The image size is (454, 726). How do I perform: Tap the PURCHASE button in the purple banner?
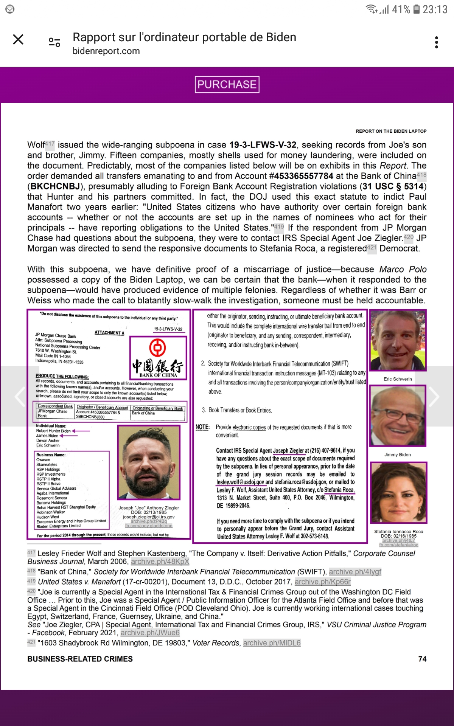[227, 84]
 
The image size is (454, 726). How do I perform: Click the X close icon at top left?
[18, 39]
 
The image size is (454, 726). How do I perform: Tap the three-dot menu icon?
[437, 42]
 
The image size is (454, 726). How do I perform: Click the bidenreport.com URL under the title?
[106, 51]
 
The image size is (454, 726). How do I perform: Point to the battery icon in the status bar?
[416, 9]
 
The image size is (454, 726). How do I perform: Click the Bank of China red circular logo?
[157, 347]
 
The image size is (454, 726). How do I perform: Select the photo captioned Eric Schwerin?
[398, 340]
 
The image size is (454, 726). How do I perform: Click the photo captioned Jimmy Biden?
[398, 416]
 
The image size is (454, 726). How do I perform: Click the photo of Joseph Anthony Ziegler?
[149, 462]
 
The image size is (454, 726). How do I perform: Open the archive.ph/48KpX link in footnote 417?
[160, 562]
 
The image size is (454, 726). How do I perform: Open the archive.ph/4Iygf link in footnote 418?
[355, 572]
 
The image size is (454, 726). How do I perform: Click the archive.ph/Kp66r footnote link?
[323, 582]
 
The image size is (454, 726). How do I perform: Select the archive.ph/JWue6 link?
[150, 633]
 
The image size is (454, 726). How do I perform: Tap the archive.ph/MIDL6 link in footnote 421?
[272, 643]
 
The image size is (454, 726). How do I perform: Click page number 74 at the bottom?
[422, 659]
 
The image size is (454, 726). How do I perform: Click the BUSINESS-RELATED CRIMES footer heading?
[80, 659]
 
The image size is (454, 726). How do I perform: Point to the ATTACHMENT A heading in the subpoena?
[109, 333]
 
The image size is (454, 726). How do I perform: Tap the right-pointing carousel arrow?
[434, 396]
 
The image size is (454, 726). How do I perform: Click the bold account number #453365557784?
[301, 176]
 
